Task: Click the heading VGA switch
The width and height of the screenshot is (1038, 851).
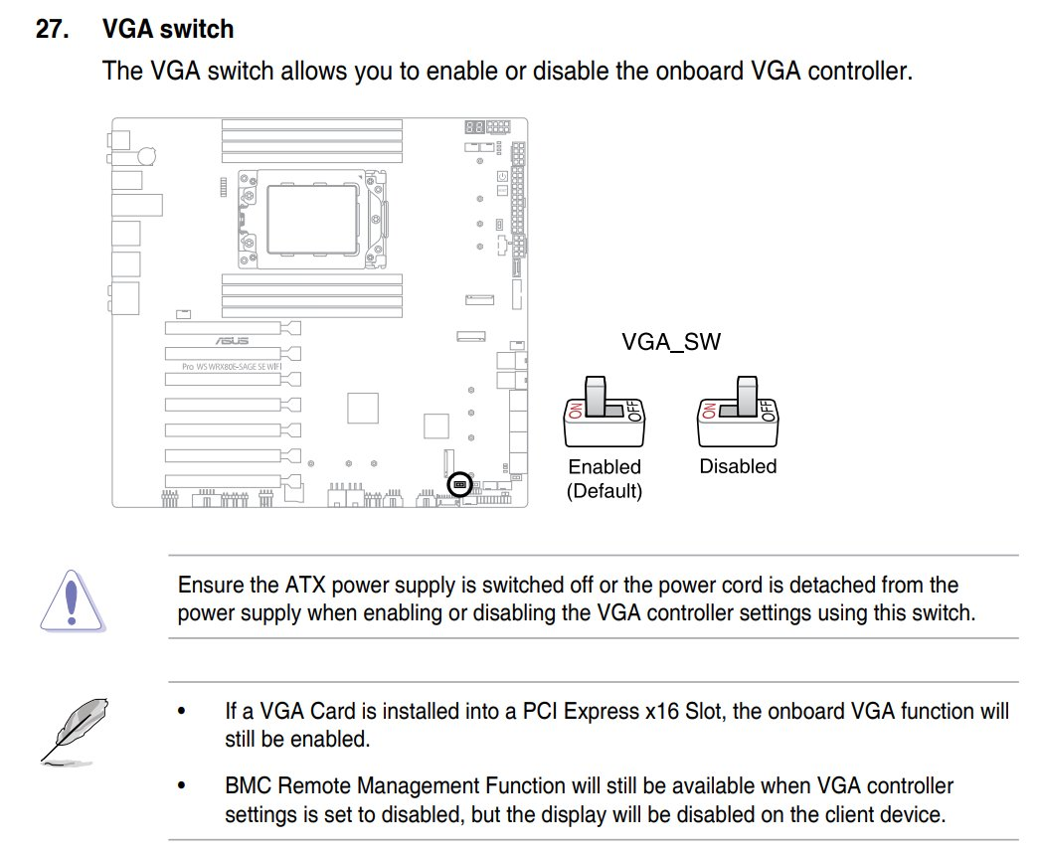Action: pos(168,29)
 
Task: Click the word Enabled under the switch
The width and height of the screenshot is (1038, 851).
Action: pos(605,466)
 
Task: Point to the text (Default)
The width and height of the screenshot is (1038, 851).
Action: pos(605,490)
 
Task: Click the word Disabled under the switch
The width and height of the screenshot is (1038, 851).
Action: pos(738,466)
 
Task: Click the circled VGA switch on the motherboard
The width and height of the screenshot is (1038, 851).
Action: pos(459,484)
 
